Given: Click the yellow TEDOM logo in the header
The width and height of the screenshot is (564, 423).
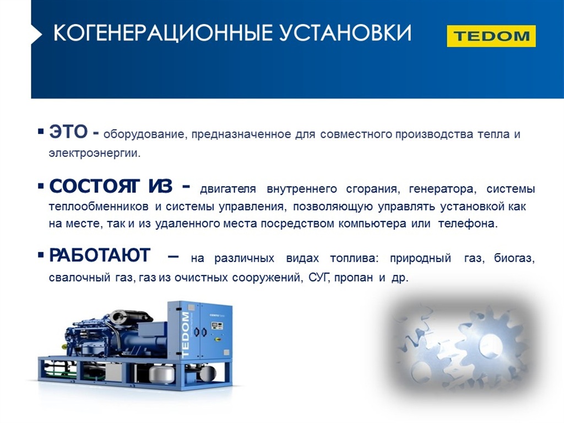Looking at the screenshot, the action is point(491,36).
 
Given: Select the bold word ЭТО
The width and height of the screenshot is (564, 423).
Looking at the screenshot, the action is point(68,132).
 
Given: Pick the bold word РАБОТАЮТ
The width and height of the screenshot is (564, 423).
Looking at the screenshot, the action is point(100,256).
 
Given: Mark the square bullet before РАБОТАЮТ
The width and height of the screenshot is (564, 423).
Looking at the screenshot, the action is point(41,256).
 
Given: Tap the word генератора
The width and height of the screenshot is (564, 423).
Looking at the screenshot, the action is point(442,189).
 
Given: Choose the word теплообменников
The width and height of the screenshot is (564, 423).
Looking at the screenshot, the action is point(99,207).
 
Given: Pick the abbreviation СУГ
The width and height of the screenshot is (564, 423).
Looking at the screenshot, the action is point(319,278).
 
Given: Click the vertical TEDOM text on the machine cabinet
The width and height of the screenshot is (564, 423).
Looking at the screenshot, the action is point(185,335).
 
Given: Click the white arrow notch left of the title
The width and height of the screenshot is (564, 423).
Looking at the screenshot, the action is point(36,34).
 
